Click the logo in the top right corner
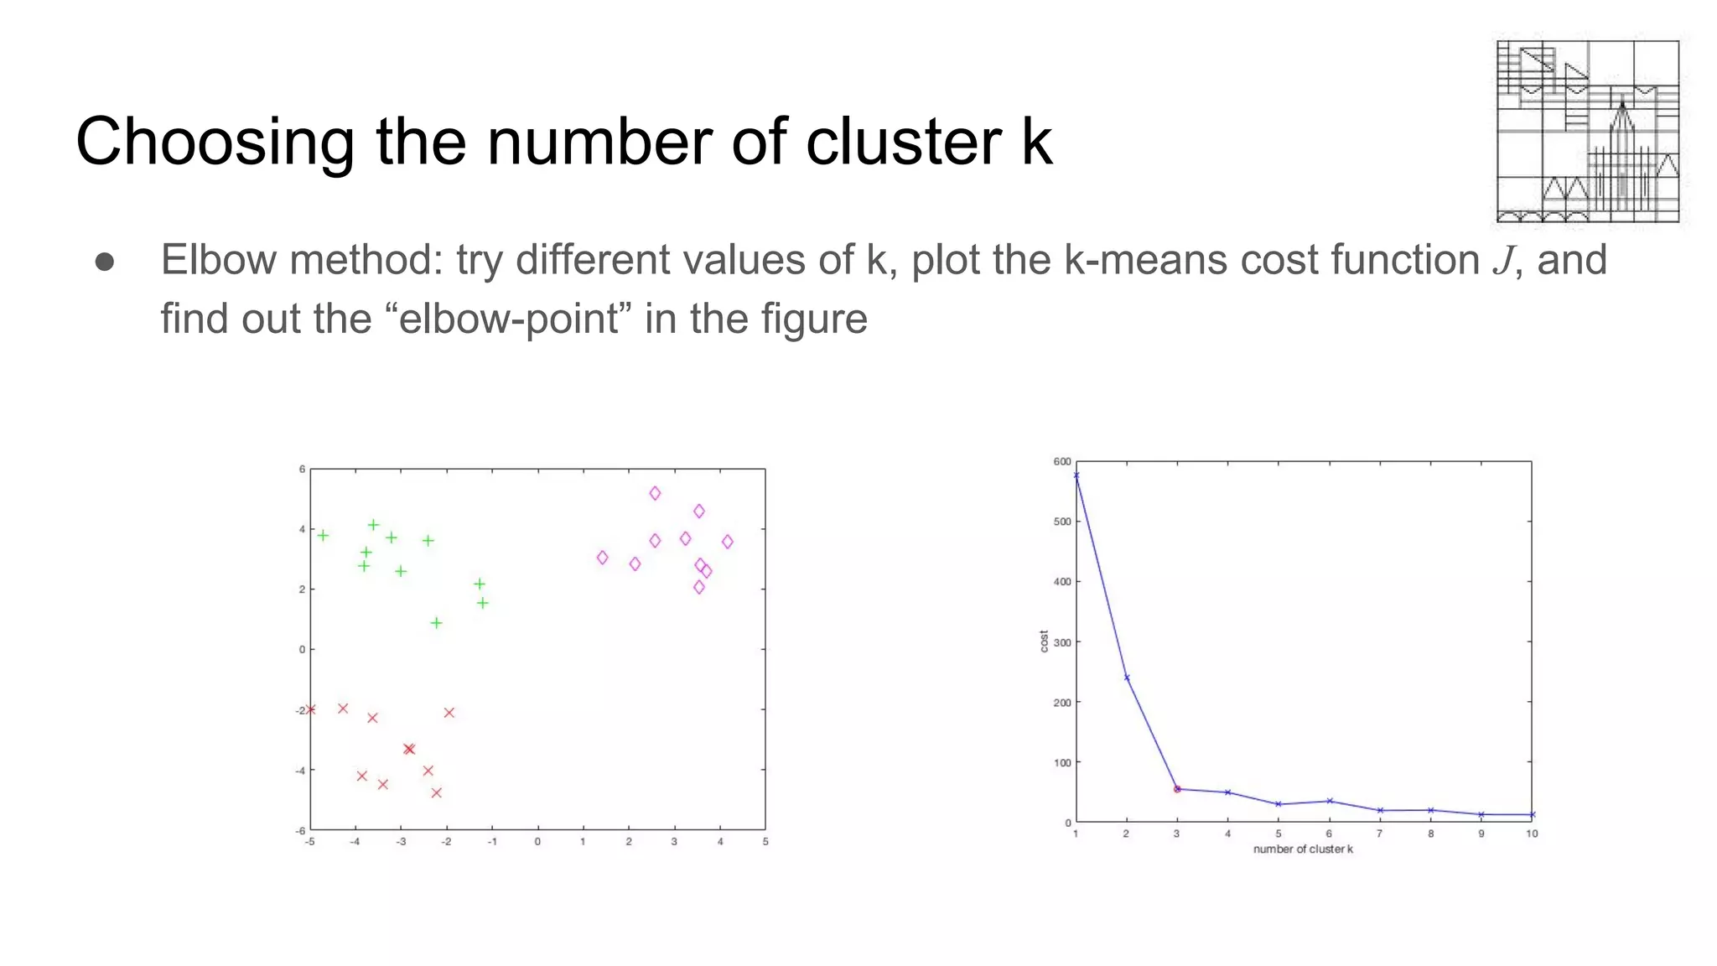[1587, 131]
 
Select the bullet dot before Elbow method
[105, 262]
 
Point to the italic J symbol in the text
[1504, 261]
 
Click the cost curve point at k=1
[1076, 475]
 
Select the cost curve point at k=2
[1127, 678]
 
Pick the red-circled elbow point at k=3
[1177, 789]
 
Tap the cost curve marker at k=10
[1532, 814]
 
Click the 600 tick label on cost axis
[1061, 462]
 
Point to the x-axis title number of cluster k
[1303, 849]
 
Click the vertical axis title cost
[1044, 641]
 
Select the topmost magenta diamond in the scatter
[655, 494]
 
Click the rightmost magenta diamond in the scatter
[727, 542]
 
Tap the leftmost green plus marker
[323, 535]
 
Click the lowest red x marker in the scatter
[436, 792]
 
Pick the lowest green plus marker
[436, 623]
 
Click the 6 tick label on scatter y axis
[302, 470]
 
